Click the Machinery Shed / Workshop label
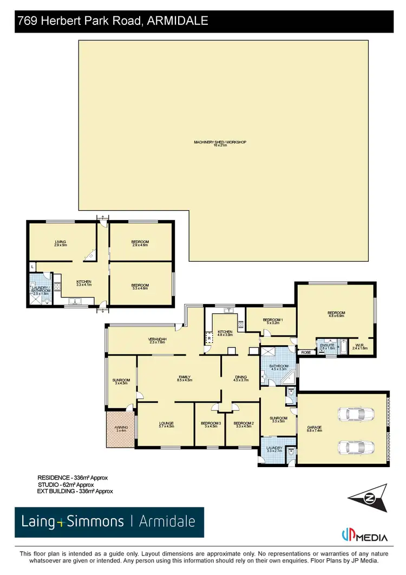pyautogui.click(x=220, y=144)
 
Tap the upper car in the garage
pyautogui.click(x=352, y=414)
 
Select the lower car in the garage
pyautogui.click(x=352, y=447)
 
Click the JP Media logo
pyautogui.click(x=365, y=537)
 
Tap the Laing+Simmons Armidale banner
pyautogui.click(x=109, y=522)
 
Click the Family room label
pyautogui.click(x=185, y=379)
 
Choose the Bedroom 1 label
pyautogui.click(x=272, y=321)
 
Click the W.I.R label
pyautogui.click(x=360, y=347)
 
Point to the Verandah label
pyautogui.click(x=158, y=341)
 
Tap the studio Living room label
pyautogui.click(x=60, y=243)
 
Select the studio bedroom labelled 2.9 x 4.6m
pyautogui.click(x=140, y=243)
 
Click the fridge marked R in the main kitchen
pyautogui.click(x=209, y=339)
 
